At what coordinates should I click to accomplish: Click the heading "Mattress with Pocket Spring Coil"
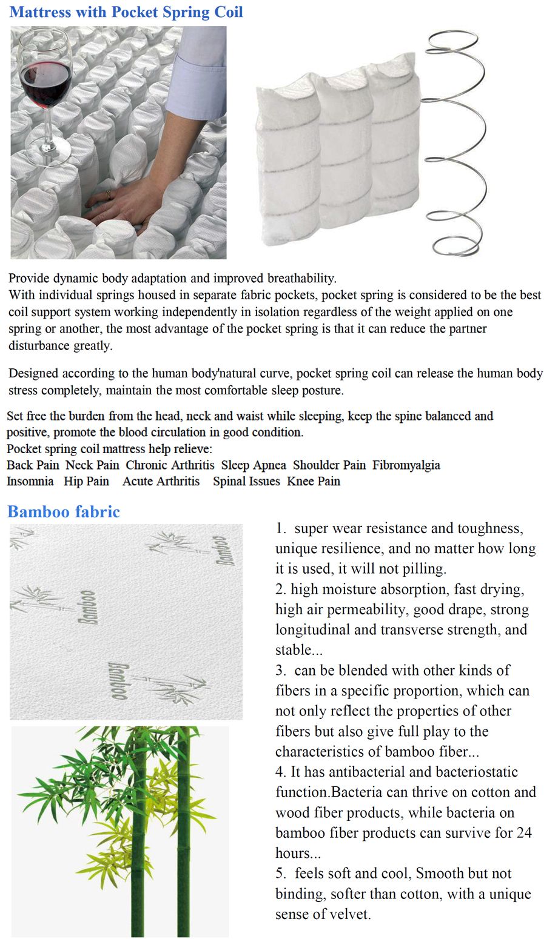click(x=126, y=12)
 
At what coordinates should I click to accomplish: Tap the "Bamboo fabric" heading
click(x=64, y=512)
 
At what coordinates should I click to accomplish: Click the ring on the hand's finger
click(x=109, y=194)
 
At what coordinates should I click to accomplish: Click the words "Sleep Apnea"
click(x=254, y=465)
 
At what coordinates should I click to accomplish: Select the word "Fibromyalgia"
click(x=406, y=465)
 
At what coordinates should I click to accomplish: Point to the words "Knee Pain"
click(x=314, y=482)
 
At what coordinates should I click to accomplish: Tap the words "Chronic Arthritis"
click(x=170, y=465)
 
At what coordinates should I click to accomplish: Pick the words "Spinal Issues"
click(x=246, y=482)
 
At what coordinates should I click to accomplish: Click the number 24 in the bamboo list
click(x=524, y=833)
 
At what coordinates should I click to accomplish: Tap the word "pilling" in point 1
click(x=421, y=569)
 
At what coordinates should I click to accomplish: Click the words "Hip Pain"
click(x=87, y=482)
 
